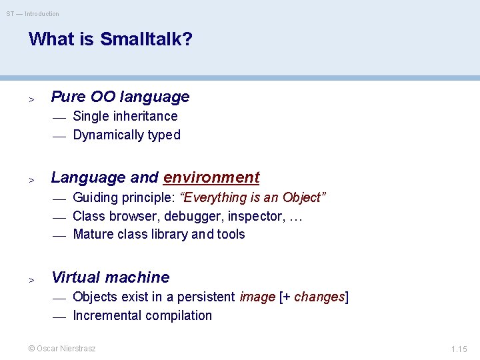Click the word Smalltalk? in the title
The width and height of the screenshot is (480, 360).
tap(146, 39)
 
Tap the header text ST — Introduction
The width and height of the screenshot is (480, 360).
tap(33, 14)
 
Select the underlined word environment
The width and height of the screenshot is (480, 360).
tap(211, 177)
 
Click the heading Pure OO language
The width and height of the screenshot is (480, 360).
tap(120, 97)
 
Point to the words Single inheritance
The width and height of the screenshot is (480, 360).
tap(125, 116)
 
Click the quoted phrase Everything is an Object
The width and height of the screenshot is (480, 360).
tap(253, 197)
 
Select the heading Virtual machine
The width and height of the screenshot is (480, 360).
tap(111, 277)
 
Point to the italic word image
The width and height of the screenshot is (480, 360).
tap(257, 297)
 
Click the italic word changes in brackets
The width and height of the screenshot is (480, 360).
tap(319, 297)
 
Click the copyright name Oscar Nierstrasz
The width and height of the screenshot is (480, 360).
tap(66, 349)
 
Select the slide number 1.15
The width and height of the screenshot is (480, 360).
tap(459, 349)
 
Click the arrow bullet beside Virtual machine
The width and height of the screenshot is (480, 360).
tap(31, 280)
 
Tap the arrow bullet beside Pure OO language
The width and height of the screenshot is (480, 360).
tap(31, 99)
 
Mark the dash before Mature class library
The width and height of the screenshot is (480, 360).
tap(59, 236)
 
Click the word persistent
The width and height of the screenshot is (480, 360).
tap(206, 297)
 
